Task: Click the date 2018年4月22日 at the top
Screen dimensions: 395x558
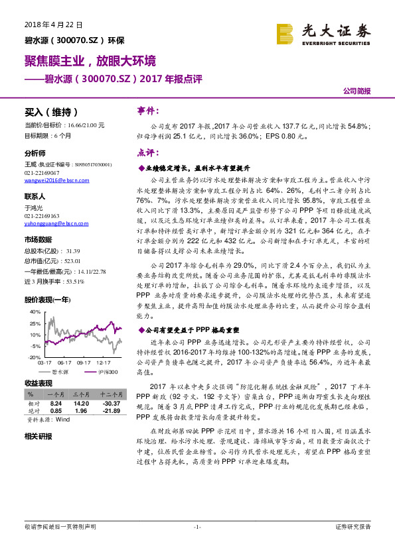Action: (48, 25)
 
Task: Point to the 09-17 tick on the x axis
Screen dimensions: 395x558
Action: (84, 363)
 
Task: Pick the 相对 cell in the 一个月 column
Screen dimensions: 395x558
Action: (56, 404)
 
